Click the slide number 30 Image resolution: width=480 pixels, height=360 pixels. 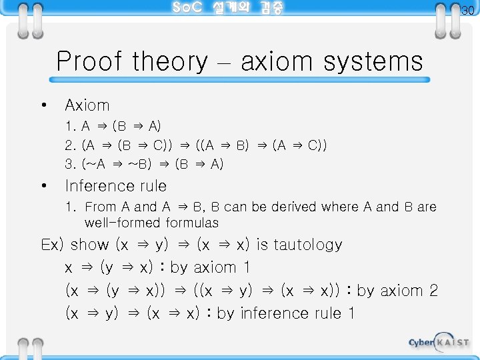(x=468, y=10)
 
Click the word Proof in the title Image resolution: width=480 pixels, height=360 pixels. (x=89, y=62)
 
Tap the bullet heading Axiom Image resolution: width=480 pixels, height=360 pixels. (x=87, y=105)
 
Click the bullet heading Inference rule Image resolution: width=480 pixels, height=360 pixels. (x=115, y=186)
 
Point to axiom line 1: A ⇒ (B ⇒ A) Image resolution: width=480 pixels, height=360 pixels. (x=113, y=126)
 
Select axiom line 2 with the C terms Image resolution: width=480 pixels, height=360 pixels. (x=195, y=145)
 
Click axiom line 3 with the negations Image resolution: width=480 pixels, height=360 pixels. (x=144, y=164)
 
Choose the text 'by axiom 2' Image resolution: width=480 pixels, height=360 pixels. (x=397, y=291)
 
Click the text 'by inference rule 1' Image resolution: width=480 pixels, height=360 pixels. (x=285, y=313)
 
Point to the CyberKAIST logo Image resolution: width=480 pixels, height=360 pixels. (x=438, y=342)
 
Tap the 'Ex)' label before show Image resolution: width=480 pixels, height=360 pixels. (x=53, y=245)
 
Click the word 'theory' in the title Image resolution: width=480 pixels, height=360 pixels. (x=170, y=62)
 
